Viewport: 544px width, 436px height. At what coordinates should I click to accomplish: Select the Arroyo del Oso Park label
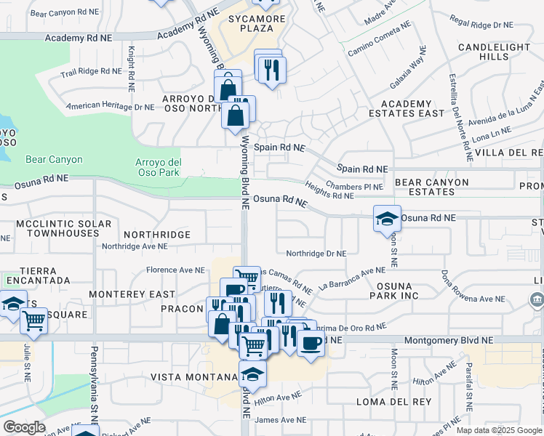(x=158, y=167)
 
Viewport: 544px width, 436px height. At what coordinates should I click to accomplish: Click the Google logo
(x=24, y=427)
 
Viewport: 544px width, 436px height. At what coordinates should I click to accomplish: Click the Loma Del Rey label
(x=385, y=401)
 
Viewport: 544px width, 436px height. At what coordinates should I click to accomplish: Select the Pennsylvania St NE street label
(x=94, y=392)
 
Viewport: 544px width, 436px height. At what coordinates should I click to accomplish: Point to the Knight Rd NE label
(x=132, y=69)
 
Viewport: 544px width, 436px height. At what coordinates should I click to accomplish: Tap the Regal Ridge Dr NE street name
(x=482, y=24)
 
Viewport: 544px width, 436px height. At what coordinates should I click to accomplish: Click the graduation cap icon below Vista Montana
(x=252, y=374)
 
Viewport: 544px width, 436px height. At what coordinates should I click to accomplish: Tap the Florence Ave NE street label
(x=175, y=270)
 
